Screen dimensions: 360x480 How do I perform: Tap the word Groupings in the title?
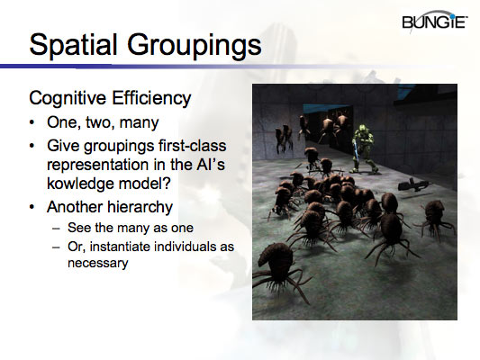tap(195, 45)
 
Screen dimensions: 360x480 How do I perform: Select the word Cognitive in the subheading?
tap(66, 97)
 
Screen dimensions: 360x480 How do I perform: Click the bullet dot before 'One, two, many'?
tap(33, 122)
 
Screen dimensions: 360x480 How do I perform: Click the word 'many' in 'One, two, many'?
tap(144, 123)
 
